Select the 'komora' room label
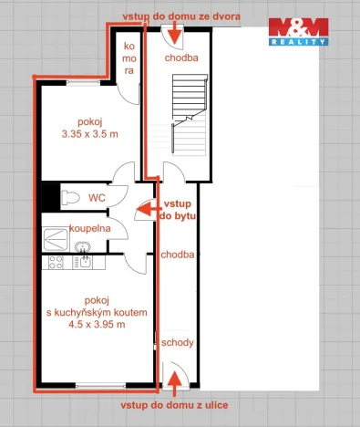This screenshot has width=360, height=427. click(x=129, y=57)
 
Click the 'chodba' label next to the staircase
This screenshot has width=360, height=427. click(x=181, y=57)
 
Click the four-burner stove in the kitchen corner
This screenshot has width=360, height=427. click(x=54, y=263)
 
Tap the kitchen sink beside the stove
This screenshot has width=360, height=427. click(x=85, y=263)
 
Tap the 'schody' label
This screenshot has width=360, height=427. click(x=176, y=342)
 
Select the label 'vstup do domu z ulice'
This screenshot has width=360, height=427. click(x=173, y=404)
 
